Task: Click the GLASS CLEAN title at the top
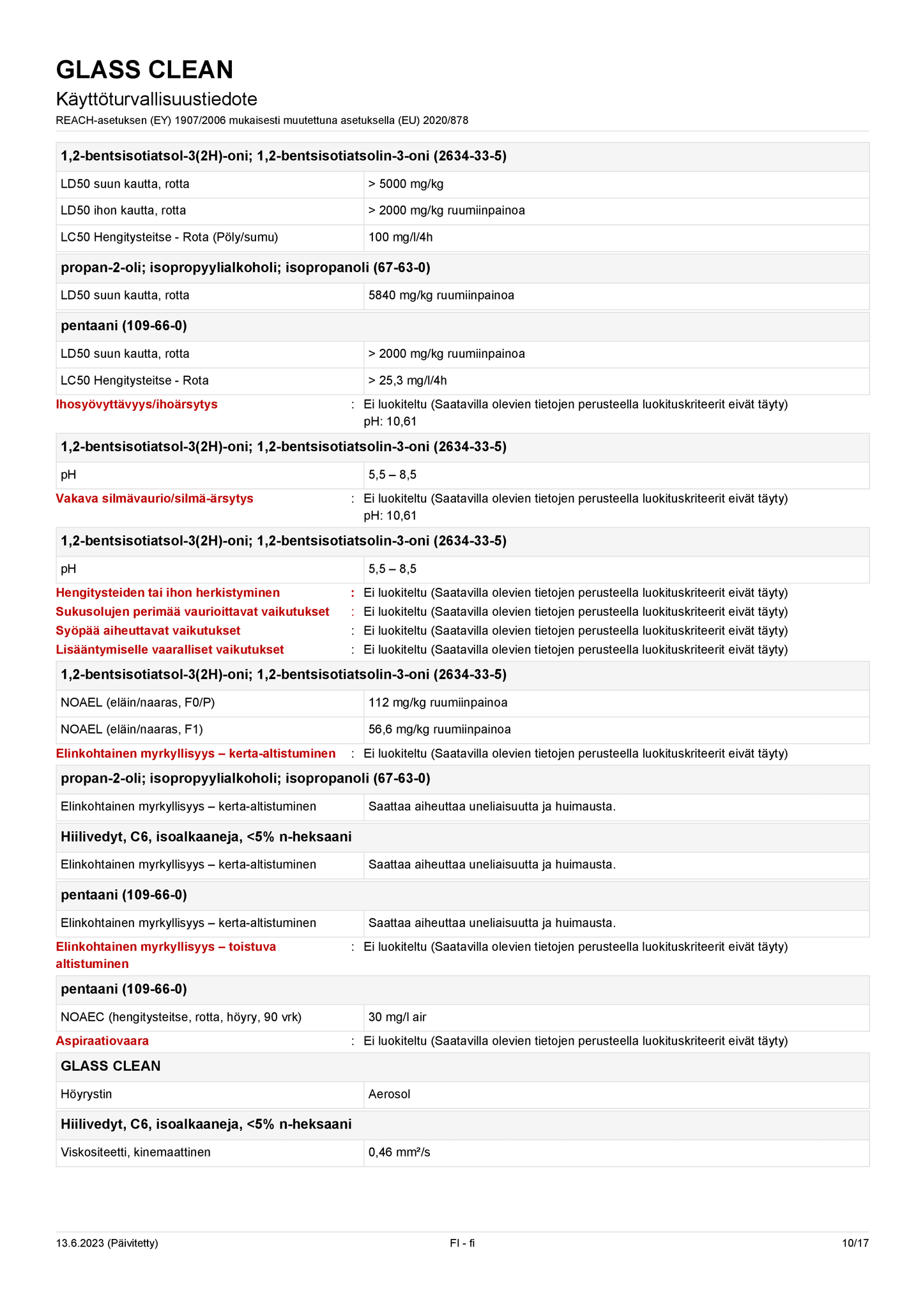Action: pyautogui.click(x=144, y=70)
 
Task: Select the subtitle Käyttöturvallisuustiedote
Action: pyautogui.click(x=156, y=100)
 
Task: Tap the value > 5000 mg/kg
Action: pyautogui.click(x=406, y=184)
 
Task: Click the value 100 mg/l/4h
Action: pyautogui.click(x=400, y=238)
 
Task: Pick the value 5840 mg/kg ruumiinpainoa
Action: pyautogui.click(x=441, y=296)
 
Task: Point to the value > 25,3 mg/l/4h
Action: pyautogui.click(x=408, y=381)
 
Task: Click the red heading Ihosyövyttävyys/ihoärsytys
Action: pyautogui.click(x=137, y=404)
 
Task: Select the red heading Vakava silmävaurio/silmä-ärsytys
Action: pyautogui.click(x=155, y=498)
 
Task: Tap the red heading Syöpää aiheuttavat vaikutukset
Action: pyautogui.click(x=148, y=631)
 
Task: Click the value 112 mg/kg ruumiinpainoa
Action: pyautogui.click(x=438, y=703)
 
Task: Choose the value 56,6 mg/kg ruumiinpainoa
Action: pyautogui.click(x=439, y=730)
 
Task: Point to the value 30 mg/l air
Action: pyautogui.click(x=397, y=1017)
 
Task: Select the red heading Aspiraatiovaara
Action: pyautogui.click(x=102, y=1041)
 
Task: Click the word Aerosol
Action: pyautogui.click(x=389, y=1095)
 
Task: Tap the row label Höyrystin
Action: pyautogui.click(x=86, y=1095)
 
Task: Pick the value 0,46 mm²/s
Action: pyautogui.click(x=399, y=1153)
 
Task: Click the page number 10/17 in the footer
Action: pyautogui.click(x=855, y=1243)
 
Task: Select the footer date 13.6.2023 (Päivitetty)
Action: pyautogui.click(x=107, y=1243)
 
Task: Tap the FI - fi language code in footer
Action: pyautogui.click(x=462, y=1243)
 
